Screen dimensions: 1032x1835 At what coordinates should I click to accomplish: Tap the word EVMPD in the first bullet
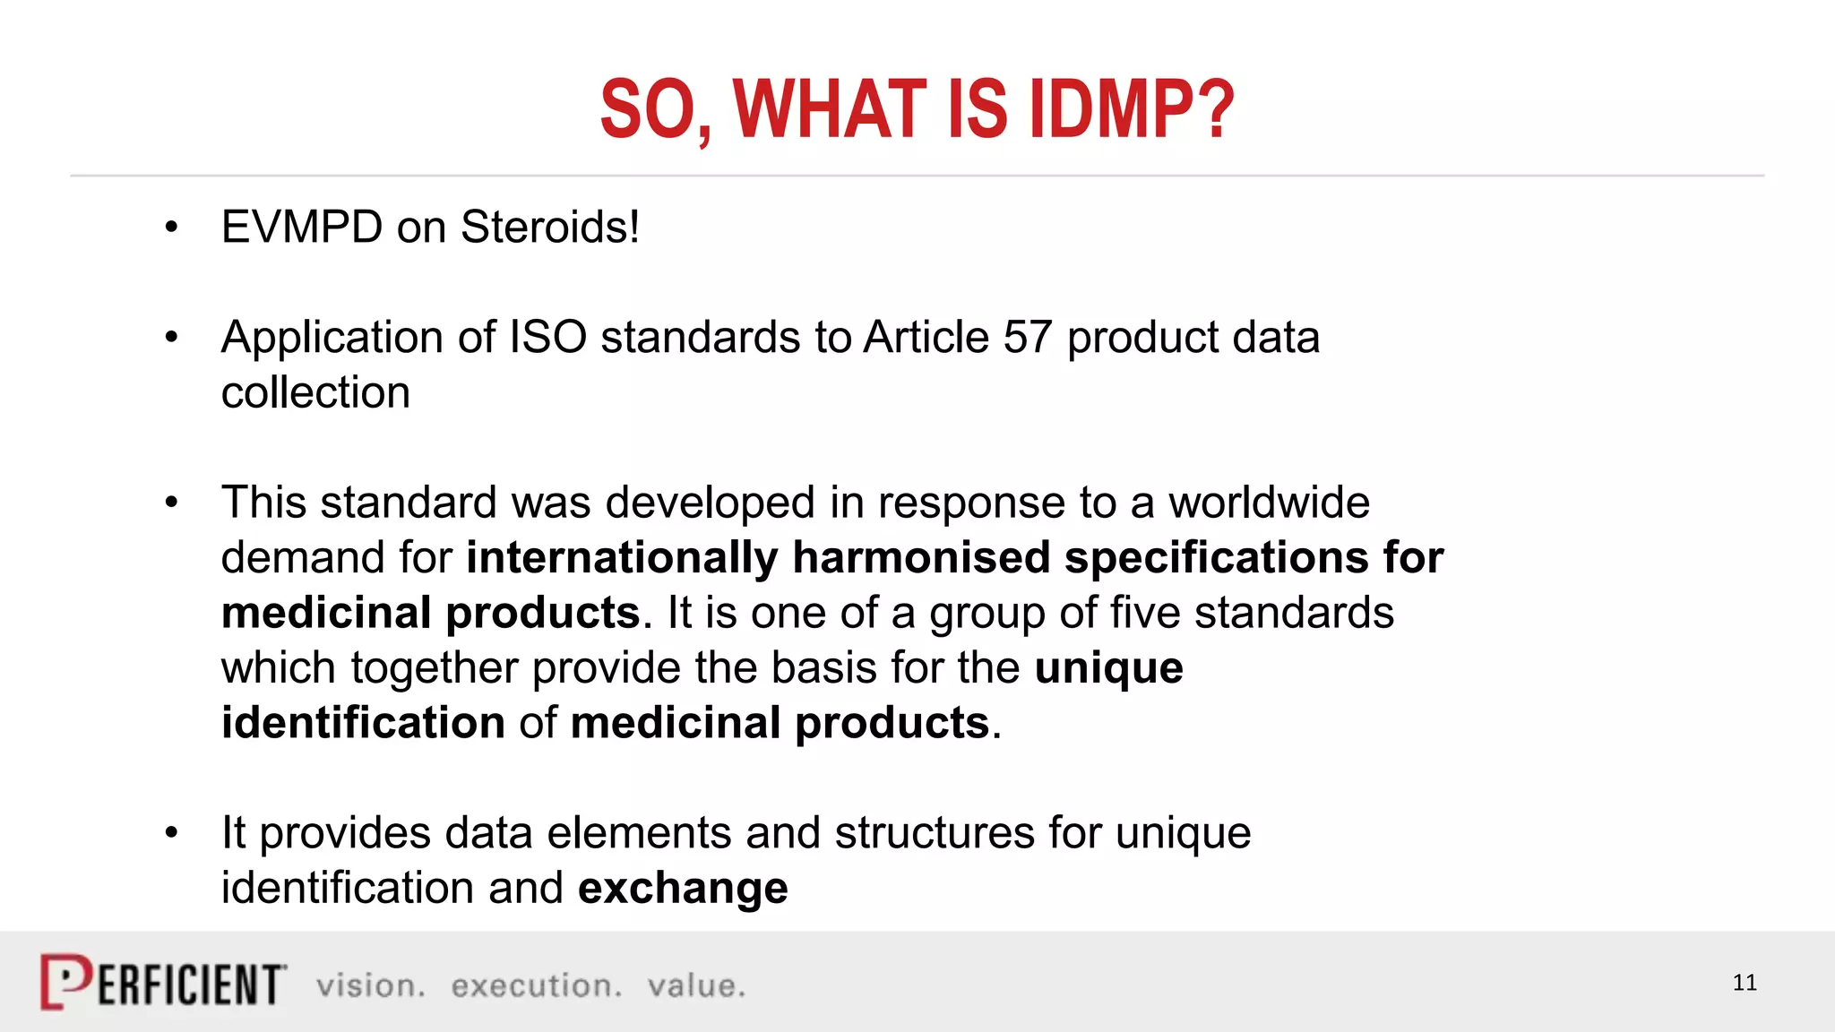pyautogui.click(x=302, y=227)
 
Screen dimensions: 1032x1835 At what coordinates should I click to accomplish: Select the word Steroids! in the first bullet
pyautogui.click(x=550, y=227)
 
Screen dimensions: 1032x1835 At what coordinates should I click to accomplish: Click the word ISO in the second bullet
pyautogui.click(x=547, y=338)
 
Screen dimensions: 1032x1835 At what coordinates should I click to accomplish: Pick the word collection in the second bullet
pyautogui.click(x=315, y=393)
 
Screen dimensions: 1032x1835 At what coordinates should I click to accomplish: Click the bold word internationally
pyautogui.click(x=622, y=558)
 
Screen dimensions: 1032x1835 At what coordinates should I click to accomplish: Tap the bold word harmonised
pyautogui.click(x=921, y=558)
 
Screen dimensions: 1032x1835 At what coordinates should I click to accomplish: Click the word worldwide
pyautogui.click(x=1269, y=503)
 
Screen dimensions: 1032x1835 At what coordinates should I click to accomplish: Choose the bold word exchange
pyautogui.click(x=683, y=889)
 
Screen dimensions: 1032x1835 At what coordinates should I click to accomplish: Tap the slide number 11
pyautogui.click(x=1745, y=983)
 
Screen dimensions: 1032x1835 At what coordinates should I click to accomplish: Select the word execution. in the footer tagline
pyautogui.click(x=536, y=986)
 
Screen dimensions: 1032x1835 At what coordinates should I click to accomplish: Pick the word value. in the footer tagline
pyautogui.click(x=696, y=986)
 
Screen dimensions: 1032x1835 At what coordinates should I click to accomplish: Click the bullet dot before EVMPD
pyautogui.click(x=172, y=228)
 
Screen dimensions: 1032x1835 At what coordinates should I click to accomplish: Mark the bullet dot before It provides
pyautogui.click(x=172, y=833)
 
